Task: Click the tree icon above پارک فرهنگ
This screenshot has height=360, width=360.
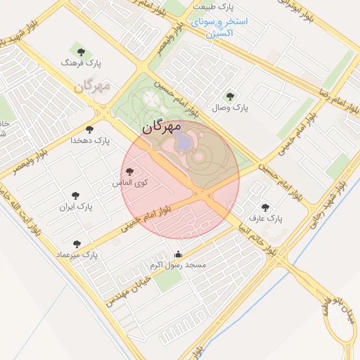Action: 81,51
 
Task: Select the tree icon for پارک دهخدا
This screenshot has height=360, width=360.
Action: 89,129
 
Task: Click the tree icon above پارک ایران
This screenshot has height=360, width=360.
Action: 76,195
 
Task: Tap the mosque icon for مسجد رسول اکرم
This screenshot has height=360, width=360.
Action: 178,255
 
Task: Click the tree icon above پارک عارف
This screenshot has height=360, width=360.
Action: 265,207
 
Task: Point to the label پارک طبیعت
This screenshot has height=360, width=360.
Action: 216,7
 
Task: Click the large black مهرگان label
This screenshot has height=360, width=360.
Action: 161,128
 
